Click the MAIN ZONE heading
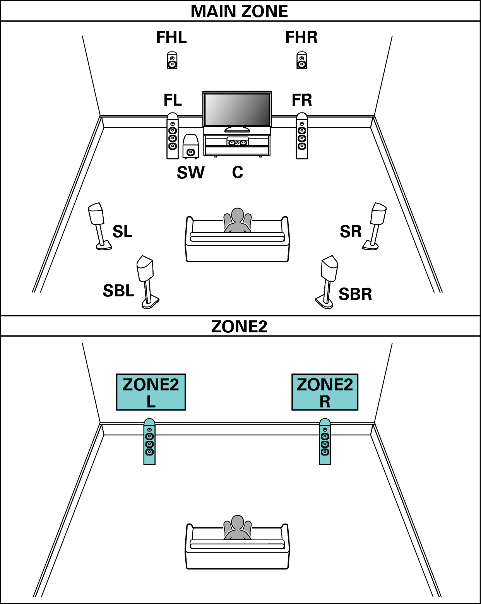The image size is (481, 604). (x=239, y=11)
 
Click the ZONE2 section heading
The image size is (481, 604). (x=239, y=327)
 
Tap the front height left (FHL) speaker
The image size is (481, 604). (x=172, y=60)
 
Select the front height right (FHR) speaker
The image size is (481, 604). (x=302, y=60)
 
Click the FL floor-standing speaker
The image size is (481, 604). (x=173, y=136)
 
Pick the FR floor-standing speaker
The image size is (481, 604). (x=302, y=136)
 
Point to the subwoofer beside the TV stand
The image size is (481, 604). (x=190, y=147)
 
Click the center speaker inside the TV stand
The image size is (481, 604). (x=237, y=142)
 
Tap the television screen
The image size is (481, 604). (x=237, y=110)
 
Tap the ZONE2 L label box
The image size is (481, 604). (x=151, y=392)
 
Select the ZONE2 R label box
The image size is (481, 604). (x=325, y=392)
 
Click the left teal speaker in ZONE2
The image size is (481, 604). (x=149, y=442)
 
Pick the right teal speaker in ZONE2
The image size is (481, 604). (x=325, y=442)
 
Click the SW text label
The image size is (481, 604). (x=190, y=173)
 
